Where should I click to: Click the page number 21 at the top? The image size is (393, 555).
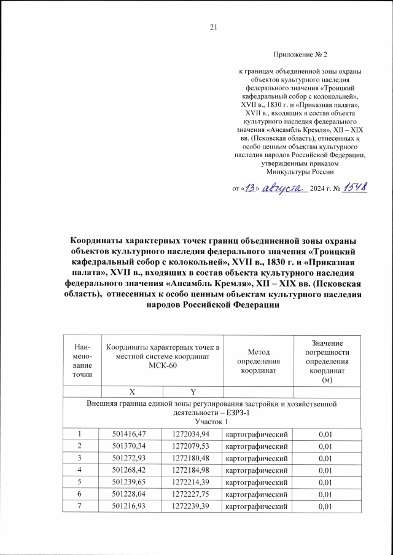[214, 26]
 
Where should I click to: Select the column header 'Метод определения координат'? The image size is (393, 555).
[259, 361]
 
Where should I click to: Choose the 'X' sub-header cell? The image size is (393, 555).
[132, 390]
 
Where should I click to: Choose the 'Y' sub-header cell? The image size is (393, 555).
[192, 390]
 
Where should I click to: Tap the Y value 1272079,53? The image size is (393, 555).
[192, 446]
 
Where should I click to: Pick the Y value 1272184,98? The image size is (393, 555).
[192, 470]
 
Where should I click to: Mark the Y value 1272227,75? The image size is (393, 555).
[192, 494]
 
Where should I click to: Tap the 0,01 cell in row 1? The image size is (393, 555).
[326, 435]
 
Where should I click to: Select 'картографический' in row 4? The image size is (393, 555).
[258, 470]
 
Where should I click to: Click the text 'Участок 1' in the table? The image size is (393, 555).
[211, 422]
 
